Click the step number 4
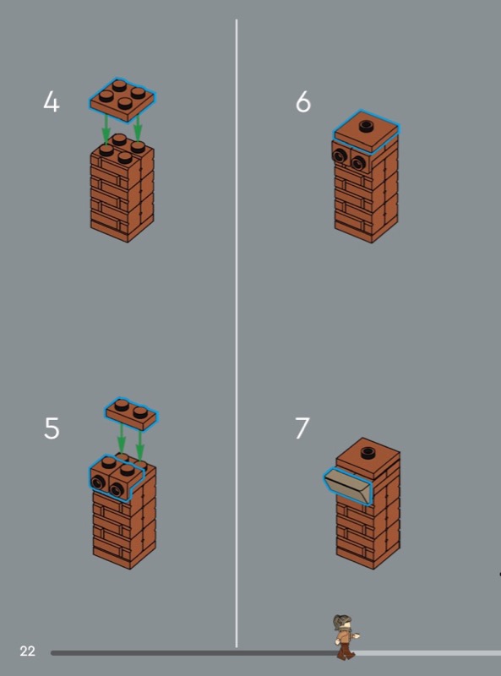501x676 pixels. pyautogui.click(x=52, y=103)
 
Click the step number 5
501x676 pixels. pyautogui.click(x=52, y=428)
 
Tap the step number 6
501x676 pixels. pyautogui.click(x=303, y=102)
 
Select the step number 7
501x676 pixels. pyautogui.click(x=302, y=428)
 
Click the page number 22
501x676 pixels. pyautogui.click(x=27, y=651)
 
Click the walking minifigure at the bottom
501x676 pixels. pyautogui.click(x=346, y=637)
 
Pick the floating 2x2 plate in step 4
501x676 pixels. pyautogui.click(x=123, y=100)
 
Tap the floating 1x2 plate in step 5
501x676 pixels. pyautogui.click(x=132, y=414)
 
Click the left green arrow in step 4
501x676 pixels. pyautogui.click(x=105, y=128)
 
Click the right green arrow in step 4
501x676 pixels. pyautogui.click(x=138, y=128)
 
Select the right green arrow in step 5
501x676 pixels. pyautogui.click(x=140, y=444)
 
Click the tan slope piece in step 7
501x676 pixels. pyautogui.click(x=348, y=487)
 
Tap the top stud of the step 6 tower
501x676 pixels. pyautogui.click(x=367, y=125)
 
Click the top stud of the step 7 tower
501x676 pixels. pyautogui.click(x=368, y=453)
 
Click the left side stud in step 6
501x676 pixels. pyautogui.click(x=340, y=156)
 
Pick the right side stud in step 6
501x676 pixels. pyautogui.click(x=357, y=163)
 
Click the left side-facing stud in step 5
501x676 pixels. pyautogui.click(x=98, y=483)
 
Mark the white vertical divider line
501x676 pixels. pyautogui.click(x=237, y=333)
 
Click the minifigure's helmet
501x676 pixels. pyautogui.click(x=342, y=621)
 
